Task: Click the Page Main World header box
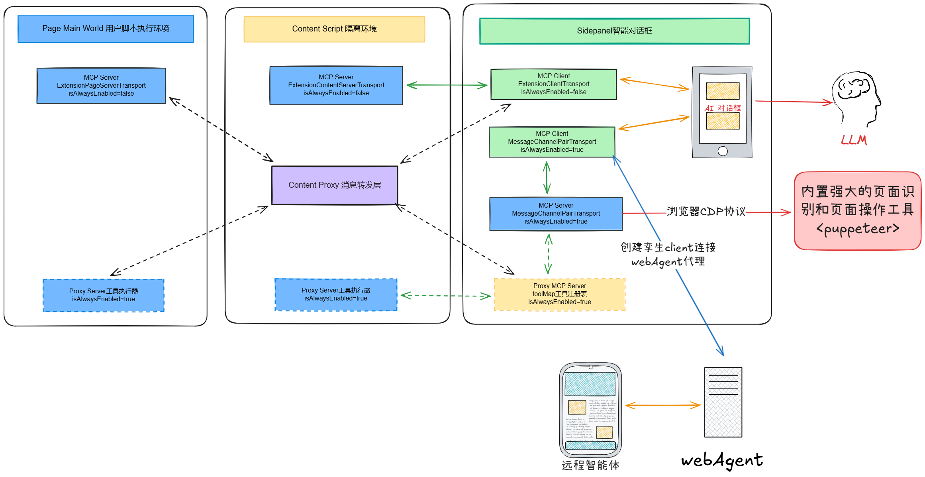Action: click(106, 29)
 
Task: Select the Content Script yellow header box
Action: click(334, 29)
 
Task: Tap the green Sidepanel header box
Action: click(614, 31)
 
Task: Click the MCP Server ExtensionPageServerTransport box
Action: click(101, 86)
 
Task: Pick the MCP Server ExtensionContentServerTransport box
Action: click(336, 85)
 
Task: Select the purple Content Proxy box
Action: click(335, 185)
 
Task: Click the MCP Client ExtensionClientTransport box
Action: click(553, 84)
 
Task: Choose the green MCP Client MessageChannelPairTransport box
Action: click(552, 142)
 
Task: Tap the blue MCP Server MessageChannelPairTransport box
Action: click(556, 214)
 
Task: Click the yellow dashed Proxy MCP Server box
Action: click(559, 294)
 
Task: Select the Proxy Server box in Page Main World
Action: click(104, 295)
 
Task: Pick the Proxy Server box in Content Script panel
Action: click(336, 294)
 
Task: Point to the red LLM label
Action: click(854, 140)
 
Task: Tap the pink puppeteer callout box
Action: click(857, 211)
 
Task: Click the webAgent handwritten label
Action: click(721, 460)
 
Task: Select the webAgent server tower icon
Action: click(723, 402)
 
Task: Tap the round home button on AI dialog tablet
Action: click(722, 151)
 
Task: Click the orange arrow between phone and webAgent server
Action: click(663, 405)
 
